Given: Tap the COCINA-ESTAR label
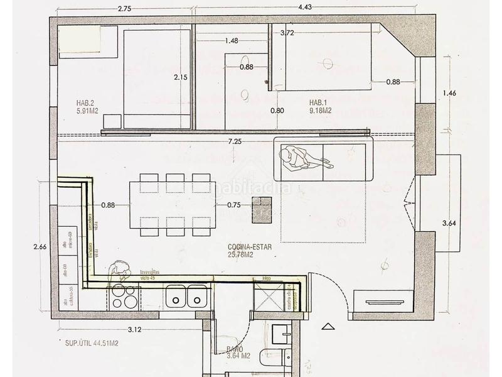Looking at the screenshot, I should tap(250, 250).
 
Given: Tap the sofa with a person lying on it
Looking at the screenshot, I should tap(323, 159).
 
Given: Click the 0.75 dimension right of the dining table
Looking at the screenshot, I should tap(234, 204).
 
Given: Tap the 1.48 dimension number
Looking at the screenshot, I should tap(231, 41).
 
